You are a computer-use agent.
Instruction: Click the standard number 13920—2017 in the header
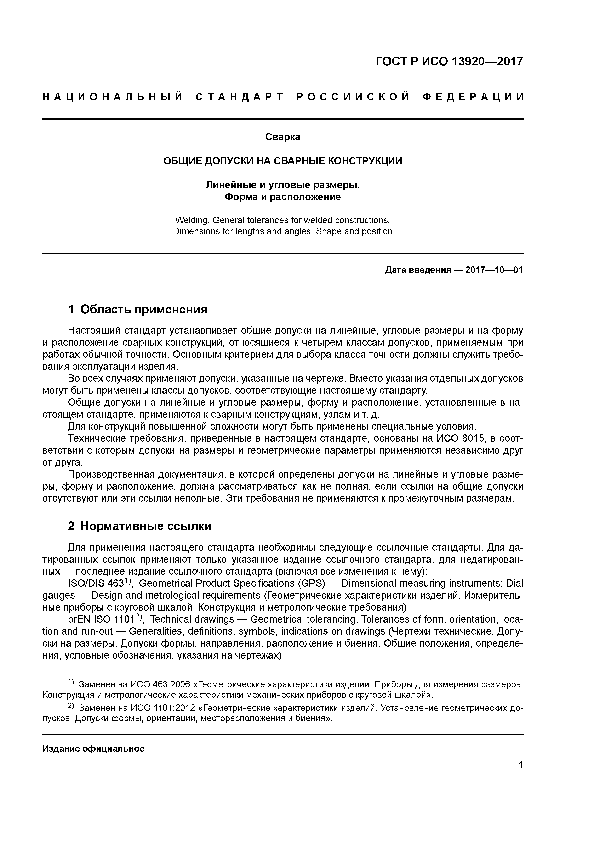(x=487, y=62)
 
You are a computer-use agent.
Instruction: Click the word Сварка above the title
(x=283, y=137)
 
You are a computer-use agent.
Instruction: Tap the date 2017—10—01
(x=494, y=270)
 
